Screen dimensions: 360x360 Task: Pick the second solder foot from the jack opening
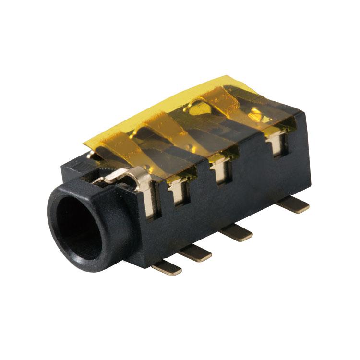click(x=194, y=252)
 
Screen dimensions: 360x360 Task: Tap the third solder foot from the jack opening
click(x=236, y=232)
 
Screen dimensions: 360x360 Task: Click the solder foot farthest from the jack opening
click(x=293, y=205)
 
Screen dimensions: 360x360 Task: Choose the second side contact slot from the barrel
click(x=178, y=191)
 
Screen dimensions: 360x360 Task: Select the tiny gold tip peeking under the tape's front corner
click(x=91, y=154)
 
